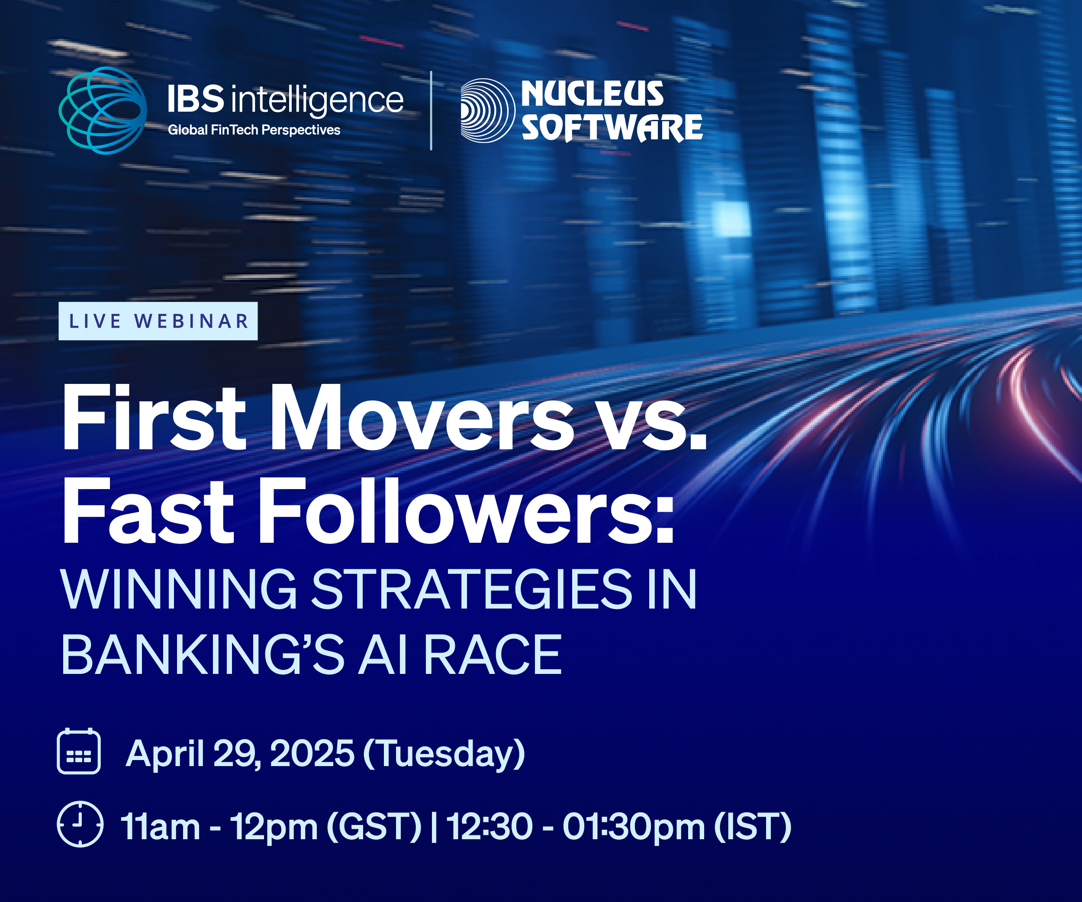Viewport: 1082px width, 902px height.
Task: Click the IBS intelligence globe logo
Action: click(103, 110)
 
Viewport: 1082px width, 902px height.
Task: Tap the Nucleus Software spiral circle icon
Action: click(487, 110)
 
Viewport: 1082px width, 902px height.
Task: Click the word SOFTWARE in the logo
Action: click(612, 127)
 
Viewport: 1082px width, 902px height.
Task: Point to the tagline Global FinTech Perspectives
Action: click(254, 130)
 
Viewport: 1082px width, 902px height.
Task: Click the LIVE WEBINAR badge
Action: click(158, 321)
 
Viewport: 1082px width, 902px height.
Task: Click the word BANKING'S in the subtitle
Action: click(203, 654)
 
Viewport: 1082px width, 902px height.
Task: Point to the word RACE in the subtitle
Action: click(493, 654)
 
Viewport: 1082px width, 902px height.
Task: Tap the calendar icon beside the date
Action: click(79, 751)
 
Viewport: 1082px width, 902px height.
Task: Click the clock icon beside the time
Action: click(80, 824)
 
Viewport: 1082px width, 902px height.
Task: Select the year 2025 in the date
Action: click(312, 754)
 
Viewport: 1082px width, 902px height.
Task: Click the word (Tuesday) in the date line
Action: click(444, 755)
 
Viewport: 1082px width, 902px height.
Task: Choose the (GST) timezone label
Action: click(374, 827)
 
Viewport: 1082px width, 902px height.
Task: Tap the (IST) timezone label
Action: click(753, 827)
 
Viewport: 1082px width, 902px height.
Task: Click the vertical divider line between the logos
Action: click(431, 110)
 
